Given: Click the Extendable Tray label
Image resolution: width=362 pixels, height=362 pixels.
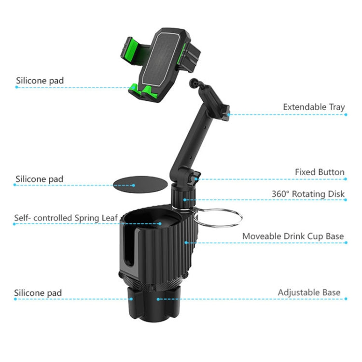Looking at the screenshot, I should tap(314, 107).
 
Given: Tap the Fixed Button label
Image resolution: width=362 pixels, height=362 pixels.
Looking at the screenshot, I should tap(320, 172).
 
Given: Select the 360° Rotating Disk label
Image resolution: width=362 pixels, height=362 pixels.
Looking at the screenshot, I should tap(308, 194).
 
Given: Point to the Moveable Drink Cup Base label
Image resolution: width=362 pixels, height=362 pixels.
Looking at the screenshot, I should tap(293, 236).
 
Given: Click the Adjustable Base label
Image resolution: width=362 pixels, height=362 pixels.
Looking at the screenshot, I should tap(309, 292).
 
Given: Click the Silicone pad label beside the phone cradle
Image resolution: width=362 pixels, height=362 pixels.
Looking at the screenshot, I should tap(40, 81).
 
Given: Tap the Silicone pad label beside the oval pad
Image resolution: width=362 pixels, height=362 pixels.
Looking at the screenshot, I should tap(40, 179).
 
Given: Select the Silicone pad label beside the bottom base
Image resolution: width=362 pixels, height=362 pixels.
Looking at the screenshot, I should tap(38, 292).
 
